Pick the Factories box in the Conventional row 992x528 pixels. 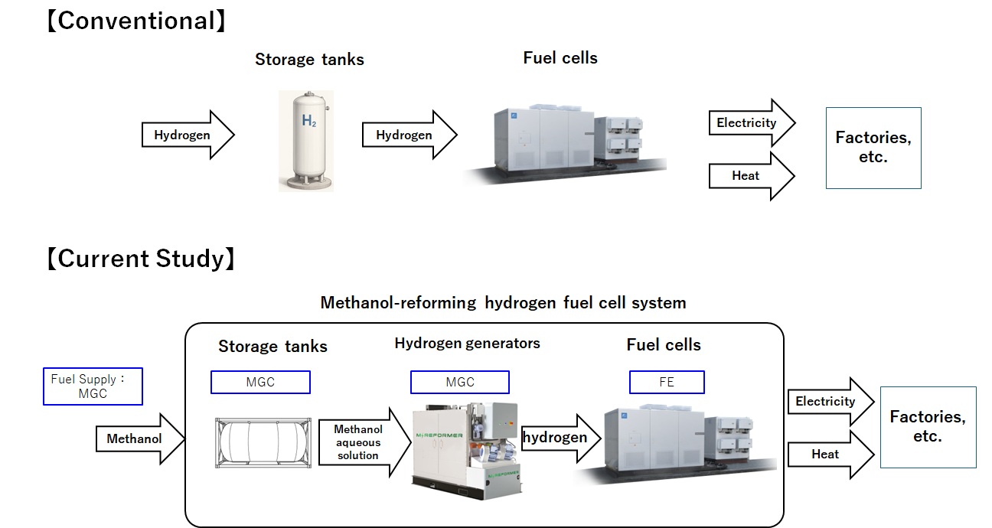873,148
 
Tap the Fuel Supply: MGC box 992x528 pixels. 93,386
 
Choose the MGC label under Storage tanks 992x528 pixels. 260,382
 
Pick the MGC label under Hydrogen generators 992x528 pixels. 459,382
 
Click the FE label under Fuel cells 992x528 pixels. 666,382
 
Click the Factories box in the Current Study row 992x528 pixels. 928,427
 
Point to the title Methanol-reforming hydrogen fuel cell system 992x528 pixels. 503,302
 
